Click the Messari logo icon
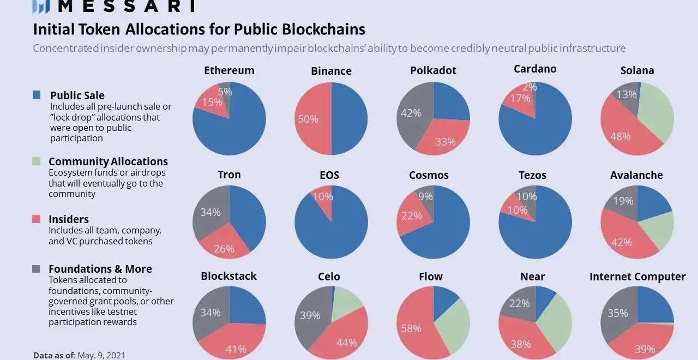(x=41, y=6)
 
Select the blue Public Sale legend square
(x=37, y=95)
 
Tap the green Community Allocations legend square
(x=37, y=161)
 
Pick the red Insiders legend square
(x=37, y=219)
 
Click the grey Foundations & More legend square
(x=37, y=269)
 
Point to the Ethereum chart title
(x=229, y=70)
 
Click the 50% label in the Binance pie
(x=308, y=118)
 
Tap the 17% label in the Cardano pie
(x=520, y=99)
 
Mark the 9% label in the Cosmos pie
(x=425, y=196)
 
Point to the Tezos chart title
(x=532, y=175)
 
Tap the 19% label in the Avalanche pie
(x=622, y=201)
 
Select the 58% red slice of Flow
(x=412, y=327)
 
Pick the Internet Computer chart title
(x=637, y=277)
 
